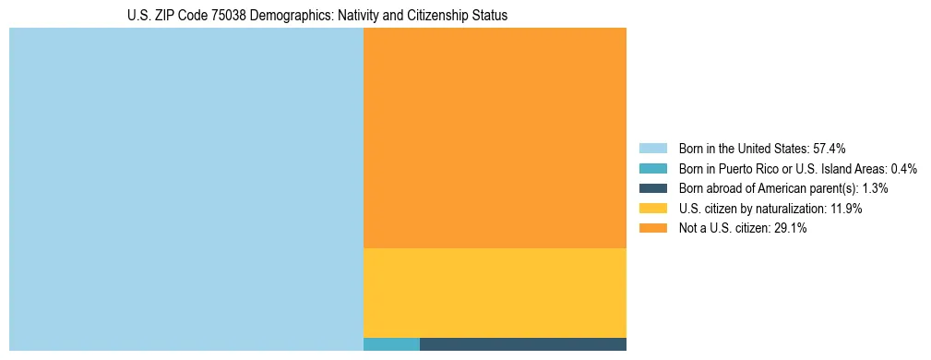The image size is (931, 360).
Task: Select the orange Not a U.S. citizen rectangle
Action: tap(495, 138)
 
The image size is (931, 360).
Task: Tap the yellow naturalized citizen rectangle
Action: tap(495, 293)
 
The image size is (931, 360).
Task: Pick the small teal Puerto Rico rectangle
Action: tap(391, 344)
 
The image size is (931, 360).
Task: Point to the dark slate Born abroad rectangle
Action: tap(522, 344)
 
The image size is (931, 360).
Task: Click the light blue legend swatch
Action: tap(652, 148)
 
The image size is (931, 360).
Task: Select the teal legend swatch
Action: tap(652, 168)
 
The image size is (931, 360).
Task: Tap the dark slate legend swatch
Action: tap(652, 188)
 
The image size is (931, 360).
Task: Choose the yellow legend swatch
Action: tap(652, 209)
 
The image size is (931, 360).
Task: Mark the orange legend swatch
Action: tap(652, 229)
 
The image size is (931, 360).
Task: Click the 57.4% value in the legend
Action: tap(830, 148)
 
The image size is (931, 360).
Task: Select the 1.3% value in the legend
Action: tap(875, 188)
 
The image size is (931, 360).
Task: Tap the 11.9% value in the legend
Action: tap(844, 209)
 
